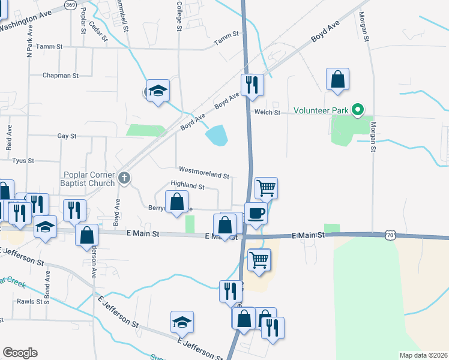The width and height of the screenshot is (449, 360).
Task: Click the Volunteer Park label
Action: click(322, 110)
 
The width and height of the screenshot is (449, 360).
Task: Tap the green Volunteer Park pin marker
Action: click(358, 110)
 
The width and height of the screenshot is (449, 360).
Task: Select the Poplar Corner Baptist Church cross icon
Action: click(124, 178)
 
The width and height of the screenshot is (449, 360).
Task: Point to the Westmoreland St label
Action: click(203, 176)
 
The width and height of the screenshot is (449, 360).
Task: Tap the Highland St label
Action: click(188, 187)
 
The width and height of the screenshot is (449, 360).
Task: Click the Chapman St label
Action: click(61, 76)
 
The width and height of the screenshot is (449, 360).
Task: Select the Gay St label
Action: click(67, 136)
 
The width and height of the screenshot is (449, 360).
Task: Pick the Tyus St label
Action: click(23, 161)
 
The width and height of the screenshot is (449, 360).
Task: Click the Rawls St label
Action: click(28, 301)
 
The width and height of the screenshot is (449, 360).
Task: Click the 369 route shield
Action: click(71, 5)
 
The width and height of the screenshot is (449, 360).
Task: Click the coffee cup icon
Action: click(256, 212)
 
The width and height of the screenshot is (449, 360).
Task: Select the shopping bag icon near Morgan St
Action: click(337, 79)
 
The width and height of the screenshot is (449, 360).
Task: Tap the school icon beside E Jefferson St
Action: click(182, 322)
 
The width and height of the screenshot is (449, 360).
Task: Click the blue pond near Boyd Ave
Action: click(217, 135)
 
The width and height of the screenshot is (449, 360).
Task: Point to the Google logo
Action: click(20, 353)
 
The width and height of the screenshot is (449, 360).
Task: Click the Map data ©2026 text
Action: click(423, 355)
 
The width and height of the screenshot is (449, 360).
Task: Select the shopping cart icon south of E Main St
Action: click(259, 259)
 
